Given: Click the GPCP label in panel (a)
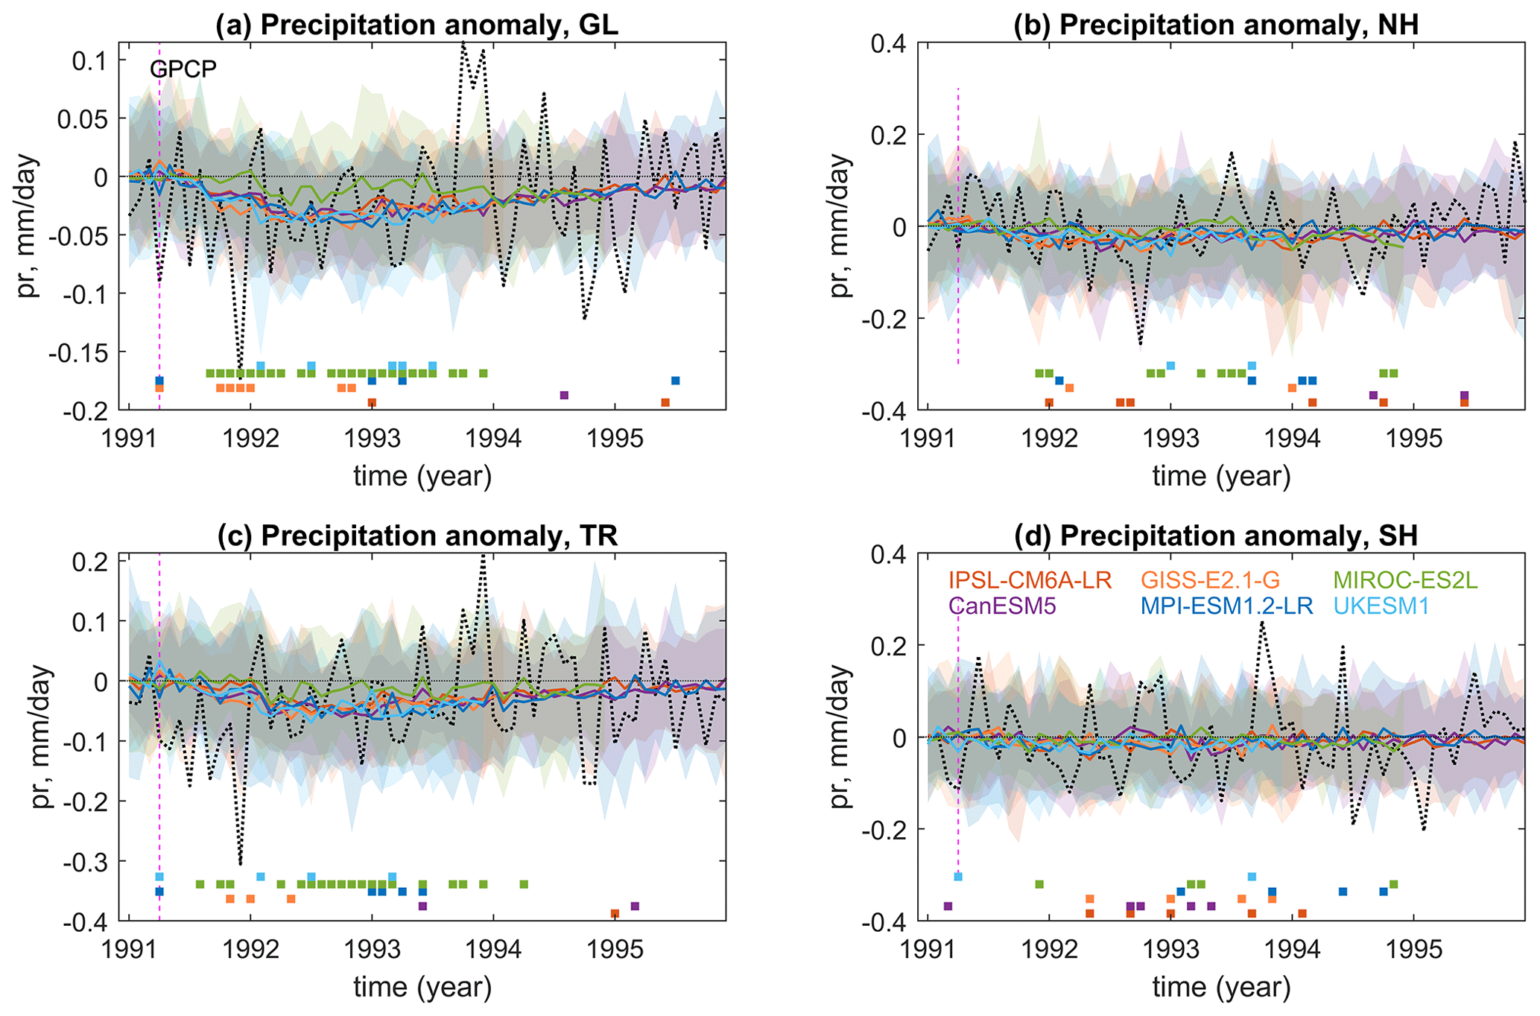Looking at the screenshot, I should (x=183, y=69).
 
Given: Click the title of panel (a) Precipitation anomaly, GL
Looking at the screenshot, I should (x=417, y=25).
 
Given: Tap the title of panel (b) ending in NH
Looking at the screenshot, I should (x=1216, y=25).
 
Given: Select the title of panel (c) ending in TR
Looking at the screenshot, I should (x=417, y=536).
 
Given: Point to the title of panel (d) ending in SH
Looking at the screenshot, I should (x=1216, y=536).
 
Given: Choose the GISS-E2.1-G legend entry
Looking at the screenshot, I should (x=1211, y=580).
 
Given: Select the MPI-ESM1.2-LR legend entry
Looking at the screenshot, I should (x=1226, y=606).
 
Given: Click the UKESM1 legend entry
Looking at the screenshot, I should (x=1381, y=606).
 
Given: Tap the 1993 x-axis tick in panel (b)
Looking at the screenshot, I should (x=1171, y=438).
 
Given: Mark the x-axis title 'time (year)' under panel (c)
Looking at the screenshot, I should (x=422, y=987).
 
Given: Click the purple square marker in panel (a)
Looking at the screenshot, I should (x=564, y=395).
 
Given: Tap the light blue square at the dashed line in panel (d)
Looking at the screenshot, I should (x=958, y=877).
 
